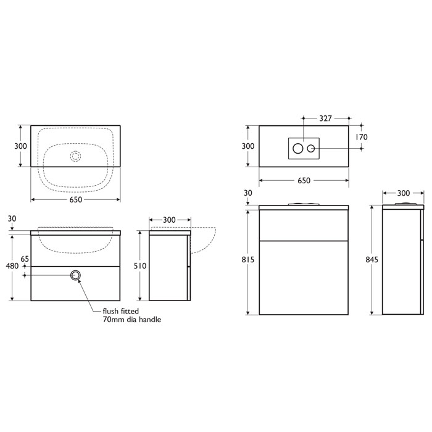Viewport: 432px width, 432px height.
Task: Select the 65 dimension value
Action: coord(25,260)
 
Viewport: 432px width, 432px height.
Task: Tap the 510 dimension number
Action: coord(141,267)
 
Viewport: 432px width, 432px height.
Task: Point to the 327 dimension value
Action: coord(326,117)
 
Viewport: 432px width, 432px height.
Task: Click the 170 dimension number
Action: coord(361,137)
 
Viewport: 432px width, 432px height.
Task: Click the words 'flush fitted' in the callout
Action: coord(120,311)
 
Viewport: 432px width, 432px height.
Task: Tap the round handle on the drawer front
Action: coord(77,276)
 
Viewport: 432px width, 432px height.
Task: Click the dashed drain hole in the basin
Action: coord(76,156)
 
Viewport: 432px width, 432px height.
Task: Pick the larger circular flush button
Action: coord(298,148)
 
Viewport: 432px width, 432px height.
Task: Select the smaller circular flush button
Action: coord(312,148)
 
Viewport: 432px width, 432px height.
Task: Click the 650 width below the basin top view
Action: coord(75,199)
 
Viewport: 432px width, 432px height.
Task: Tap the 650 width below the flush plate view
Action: coord(304,181)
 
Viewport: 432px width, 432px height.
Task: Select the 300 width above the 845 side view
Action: coord(403,193)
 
